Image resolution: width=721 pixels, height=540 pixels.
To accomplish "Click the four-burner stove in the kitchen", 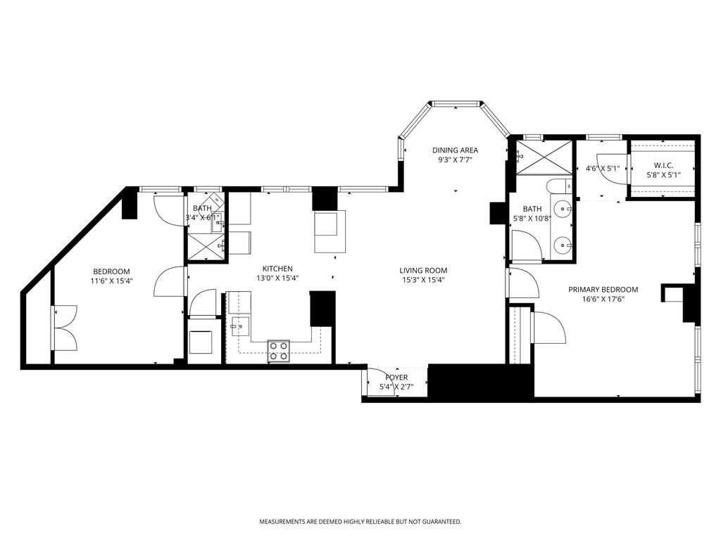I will [278, 351].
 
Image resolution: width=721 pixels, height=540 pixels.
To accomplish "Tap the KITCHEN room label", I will [277, 269].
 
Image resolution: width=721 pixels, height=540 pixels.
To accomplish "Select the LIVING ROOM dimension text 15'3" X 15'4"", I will [423, 280].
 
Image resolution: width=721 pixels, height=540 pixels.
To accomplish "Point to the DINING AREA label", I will [455, 150].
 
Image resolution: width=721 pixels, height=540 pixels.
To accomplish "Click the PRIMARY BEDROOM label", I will [603, 290].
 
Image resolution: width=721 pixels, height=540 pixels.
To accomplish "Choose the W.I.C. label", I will [663, 166].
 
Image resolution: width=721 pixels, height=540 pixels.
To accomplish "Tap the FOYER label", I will [396, 378].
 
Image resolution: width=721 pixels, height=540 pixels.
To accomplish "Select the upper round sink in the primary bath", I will [562, 209].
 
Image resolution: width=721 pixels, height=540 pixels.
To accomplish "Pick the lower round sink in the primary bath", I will [562, 245].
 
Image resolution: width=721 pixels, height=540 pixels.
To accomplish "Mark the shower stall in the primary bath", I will [544, 157].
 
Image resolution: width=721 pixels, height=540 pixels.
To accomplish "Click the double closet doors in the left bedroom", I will [63, 328].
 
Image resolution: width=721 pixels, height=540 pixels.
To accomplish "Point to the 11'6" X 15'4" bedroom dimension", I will [111, 281].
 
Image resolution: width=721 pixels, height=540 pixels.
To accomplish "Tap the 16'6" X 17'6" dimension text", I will [603, 299].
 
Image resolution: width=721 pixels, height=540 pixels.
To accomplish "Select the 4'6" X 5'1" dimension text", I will [601, 169].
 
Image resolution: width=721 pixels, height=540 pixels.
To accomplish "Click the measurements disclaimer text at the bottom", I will [360, 522].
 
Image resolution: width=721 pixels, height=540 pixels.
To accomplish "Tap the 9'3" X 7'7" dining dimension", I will [455, 160].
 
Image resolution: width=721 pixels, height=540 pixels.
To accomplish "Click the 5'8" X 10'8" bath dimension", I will [532, 219].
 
